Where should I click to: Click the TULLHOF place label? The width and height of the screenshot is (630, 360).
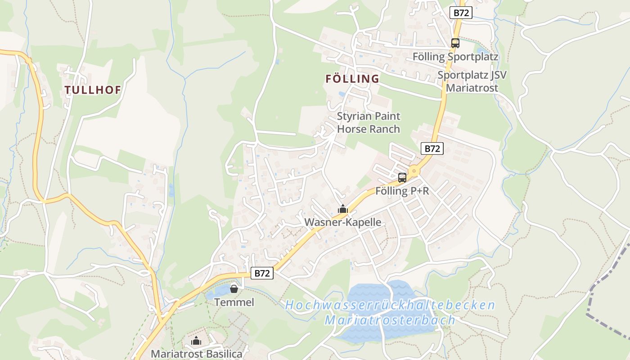(93, 90)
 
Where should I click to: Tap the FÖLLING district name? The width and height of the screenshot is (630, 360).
(352, 79)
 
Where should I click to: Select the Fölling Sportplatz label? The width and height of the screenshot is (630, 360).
(455, 57)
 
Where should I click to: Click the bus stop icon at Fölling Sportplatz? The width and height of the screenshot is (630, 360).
(455, 43)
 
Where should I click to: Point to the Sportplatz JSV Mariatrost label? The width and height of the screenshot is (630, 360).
(472, 81)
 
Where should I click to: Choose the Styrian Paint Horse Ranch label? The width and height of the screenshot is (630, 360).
(369, 122)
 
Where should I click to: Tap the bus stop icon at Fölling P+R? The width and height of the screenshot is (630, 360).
(402, 177)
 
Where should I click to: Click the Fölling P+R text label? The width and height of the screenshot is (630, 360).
(402, 191)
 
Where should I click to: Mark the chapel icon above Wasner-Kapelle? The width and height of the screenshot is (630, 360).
(343, 209)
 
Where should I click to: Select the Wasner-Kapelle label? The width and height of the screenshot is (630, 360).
(343, 222)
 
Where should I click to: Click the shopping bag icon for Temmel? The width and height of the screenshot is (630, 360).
(234, 288)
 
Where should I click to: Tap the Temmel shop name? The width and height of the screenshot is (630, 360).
(234, 302)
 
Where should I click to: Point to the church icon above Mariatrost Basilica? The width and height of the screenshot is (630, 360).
(196, 341)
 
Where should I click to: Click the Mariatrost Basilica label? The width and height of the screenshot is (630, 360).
(196, 354)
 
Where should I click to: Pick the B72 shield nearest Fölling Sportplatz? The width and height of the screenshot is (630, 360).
(461, 13)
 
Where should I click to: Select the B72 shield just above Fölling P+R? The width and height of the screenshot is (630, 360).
(432, 148)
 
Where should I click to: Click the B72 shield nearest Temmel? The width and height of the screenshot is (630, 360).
(262, 273)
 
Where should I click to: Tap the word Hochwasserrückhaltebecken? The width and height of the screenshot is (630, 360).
(390, 305)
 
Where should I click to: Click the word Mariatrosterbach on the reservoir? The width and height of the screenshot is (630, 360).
(390, 320)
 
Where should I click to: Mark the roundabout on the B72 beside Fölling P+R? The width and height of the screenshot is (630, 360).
(414, 171)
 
